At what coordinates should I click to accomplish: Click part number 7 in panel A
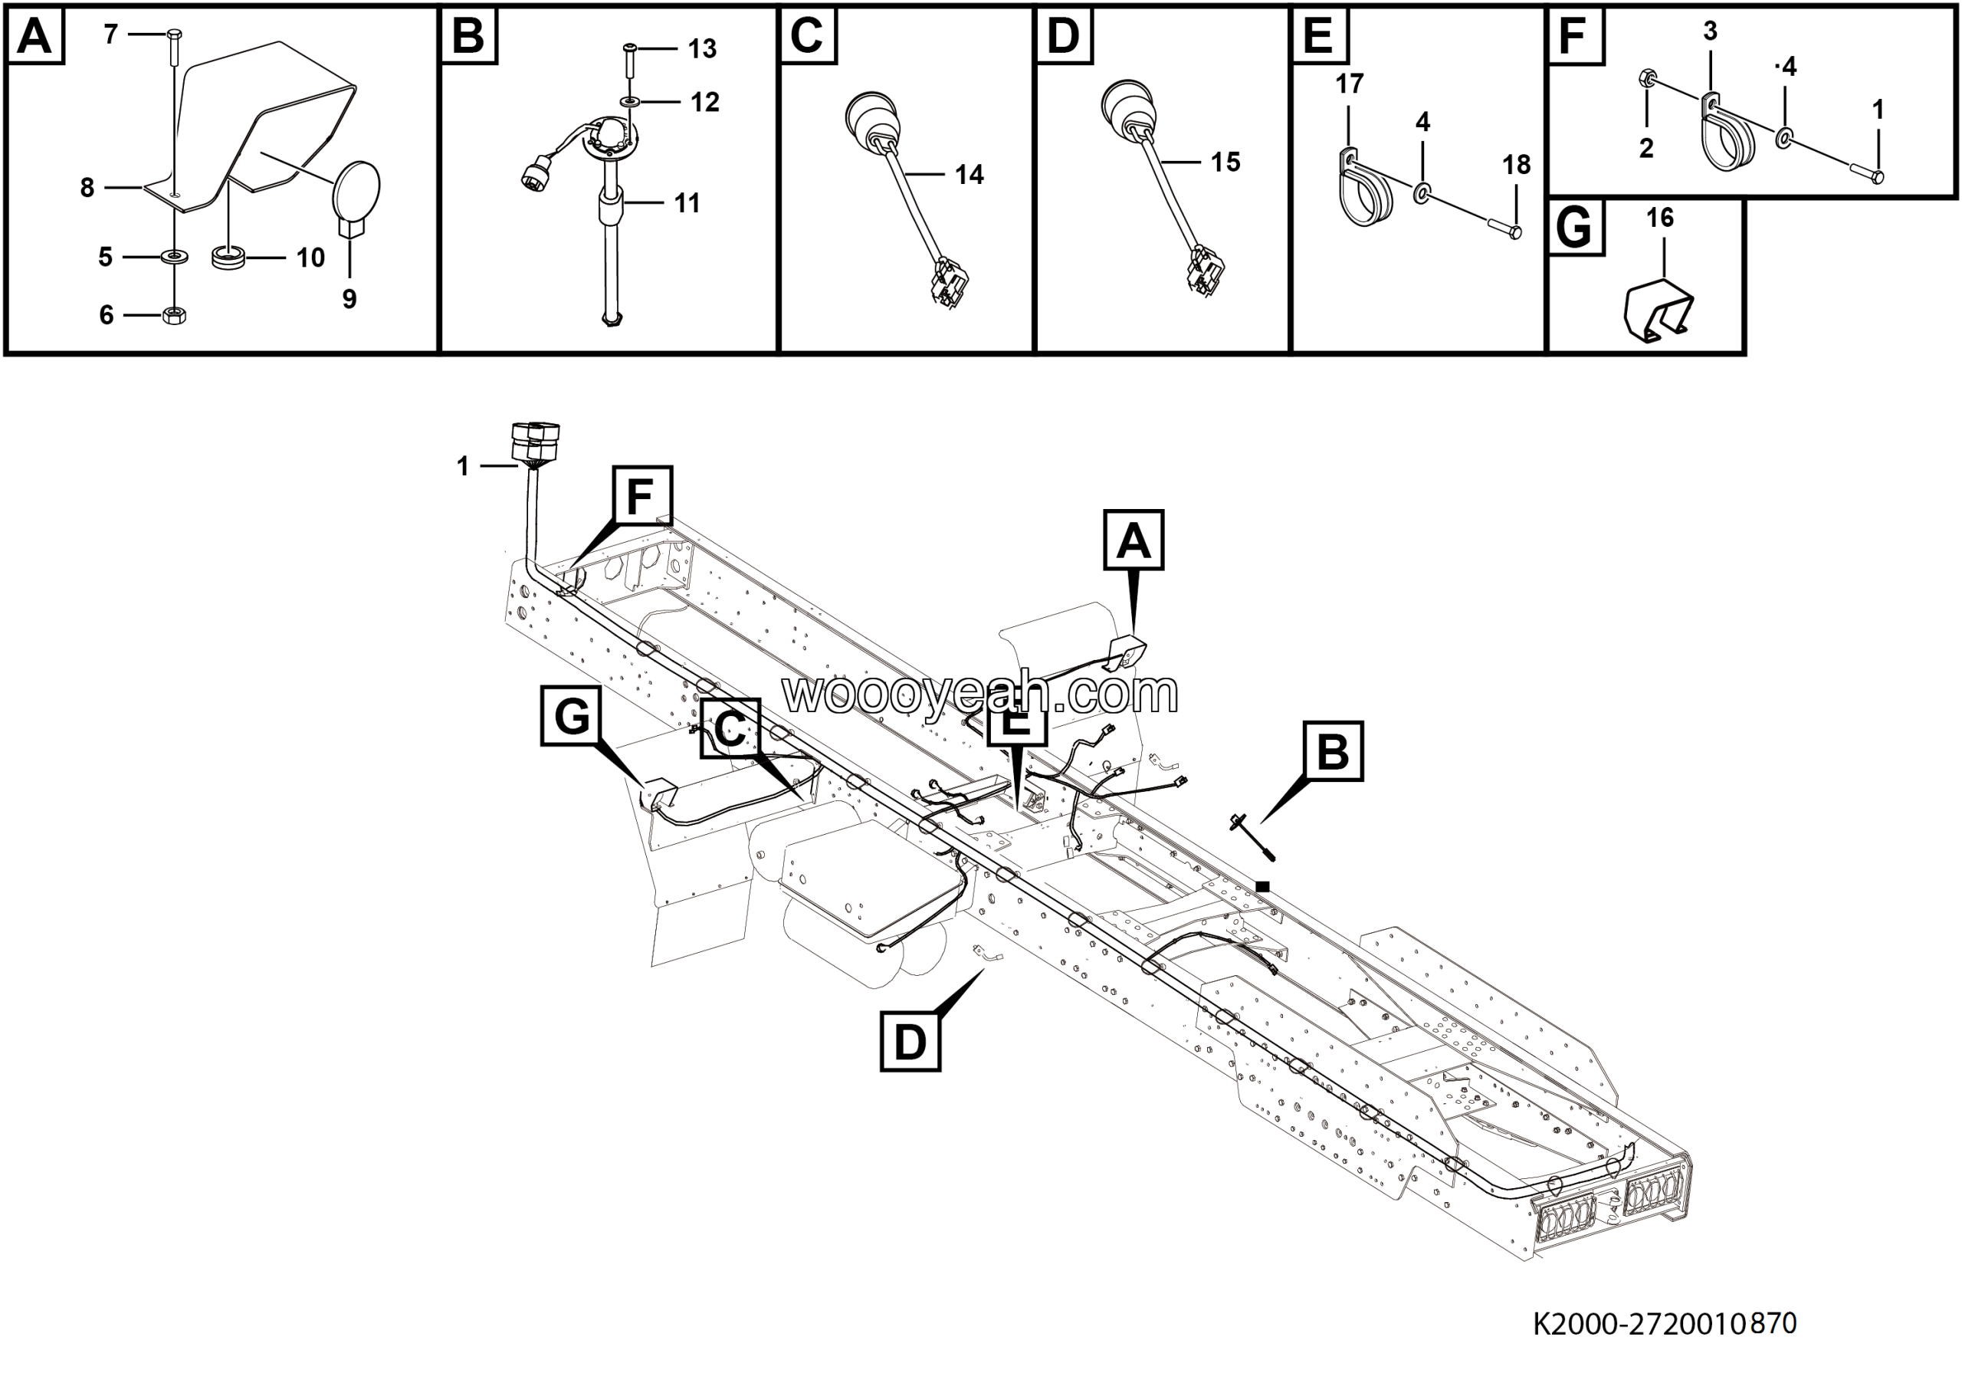(111, 34)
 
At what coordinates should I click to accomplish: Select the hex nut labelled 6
(174, 314)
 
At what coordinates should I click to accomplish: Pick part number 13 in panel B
(703, 49)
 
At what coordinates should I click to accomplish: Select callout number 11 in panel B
(687, 203)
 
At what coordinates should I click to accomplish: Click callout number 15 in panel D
(1225, 163)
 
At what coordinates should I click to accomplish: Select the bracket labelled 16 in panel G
(1658, 311)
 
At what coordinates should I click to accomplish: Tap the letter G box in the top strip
(1575, 228)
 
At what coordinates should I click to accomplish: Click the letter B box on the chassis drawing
(1333, 751)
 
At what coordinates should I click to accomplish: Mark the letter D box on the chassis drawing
(910, 1042)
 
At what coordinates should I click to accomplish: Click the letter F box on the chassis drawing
(641, 496)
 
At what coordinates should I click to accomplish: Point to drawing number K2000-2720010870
(1665, 1324)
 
